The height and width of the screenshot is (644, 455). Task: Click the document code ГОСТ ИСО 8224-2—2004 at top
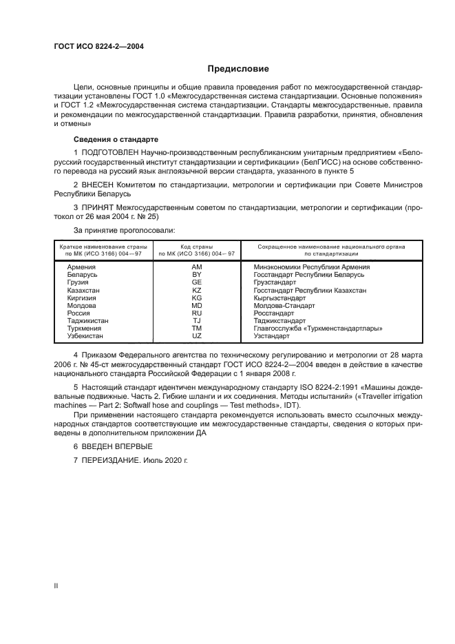[98, 47]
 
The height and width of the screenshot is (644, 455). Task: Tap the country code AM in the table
[196, 267]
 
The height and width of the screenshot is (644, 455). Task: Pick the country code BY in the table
[196, 274]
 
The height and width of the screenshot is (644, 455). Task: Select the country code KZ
[196, 290]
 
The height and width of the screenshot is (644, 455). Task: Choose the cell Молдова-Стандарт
[284, 305]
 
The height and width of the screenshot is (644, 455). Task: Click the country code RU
[196, 313]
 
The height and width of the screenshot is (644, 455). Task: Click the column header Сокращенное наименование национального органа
[330, 246]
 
